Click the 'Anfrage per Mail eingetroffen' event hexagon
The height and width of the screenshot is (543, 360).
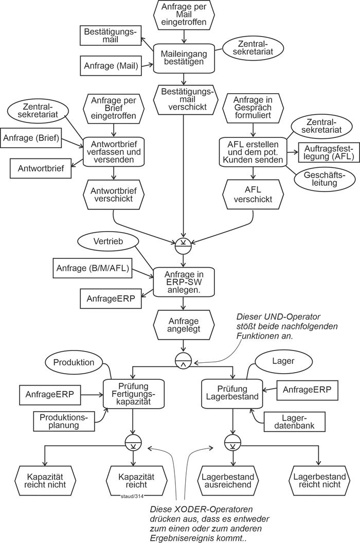184,15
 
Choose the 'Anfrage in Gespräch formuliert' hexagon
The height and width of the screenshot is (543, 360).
248,108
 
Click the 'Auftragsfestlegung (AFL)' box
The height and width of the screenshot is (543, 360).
326,152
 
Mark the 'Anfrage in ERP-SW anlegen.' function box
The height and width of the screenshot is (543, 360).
184,282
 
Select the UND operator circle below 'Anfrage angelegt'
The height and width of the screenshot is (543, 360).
184,360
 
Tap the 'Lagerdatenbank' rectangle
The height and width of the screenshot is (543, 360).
290,421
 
